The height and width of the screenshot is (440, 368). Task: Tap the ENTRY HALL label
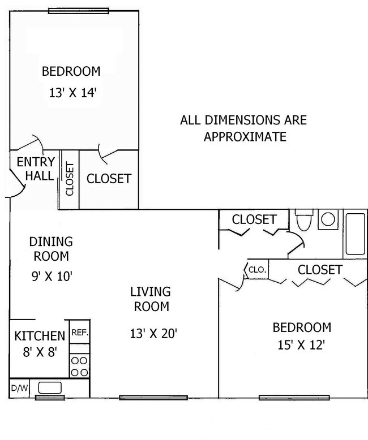click(x=35, y=169)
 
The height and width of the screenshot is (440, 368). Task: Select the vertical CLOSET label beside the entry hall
click(x=70, y=179)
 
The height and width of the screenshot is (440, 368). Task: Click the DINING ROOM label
click(x=51, y=249)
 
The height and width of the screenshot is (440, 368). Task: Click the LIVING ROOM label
click(x=150, y=300)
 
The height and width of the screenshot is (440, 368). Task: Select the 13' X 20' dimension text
click(x=154, y=333)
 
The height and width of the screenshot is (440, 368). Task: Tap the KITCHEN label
click(x=39, y=337)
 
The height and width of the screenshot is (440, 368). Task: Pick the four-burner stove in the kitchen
click(x=80, y=365)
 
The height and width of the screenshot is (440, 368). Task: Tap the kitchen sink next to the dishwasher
click(x=49, y=388)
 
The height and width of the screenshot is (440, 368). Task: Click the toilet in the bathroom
click(x=304, y=221)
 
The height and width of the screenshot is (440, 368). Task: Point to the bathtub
click(x=356, y=234)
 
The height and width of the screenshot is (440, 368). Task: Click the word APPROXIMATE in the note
click(x=245, y=136)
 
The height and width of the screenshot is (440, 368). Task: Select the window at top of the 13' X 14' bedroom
click(x=78, y=11)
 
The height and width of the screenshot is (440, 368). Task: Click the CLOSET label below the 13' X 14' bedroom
click(x=109, y=179)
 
